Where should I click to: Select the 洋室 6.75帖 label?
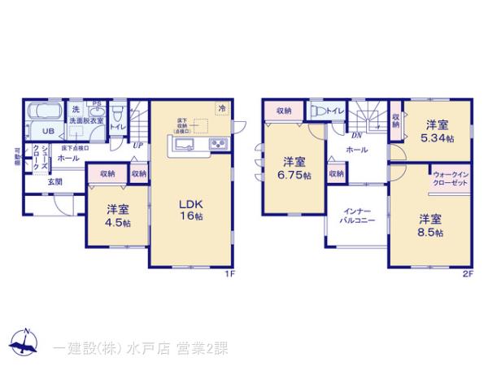pyautogui.click(x=289, y=168)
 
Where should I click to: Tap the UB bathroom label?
pyautogui.click(x=48, y=132)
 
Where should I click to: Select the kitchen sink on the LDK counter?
pyautogui.click(x=183, y=145)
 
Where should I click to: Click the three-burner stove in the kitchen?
pyautogui.click(x=219, y=144)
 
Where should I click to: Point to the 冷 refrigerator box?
pyautogui.click(x=221, y=107)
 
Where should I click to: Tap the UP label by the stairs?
pyautogui.click(x=138, y=146)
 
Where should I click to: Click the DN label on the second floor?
pyautogui.click(x=355, y=137)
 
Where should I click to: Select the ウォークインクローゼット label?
pyautogui.click(x=449, y=178)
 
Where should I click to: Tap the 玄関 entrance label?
pyautogui.click(x=54, y=183)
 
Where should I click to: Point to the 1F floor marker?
pyautogui.click(x=230, y=274)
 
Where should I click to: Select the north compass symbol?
pyautogui.click(x=24, y=342)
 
